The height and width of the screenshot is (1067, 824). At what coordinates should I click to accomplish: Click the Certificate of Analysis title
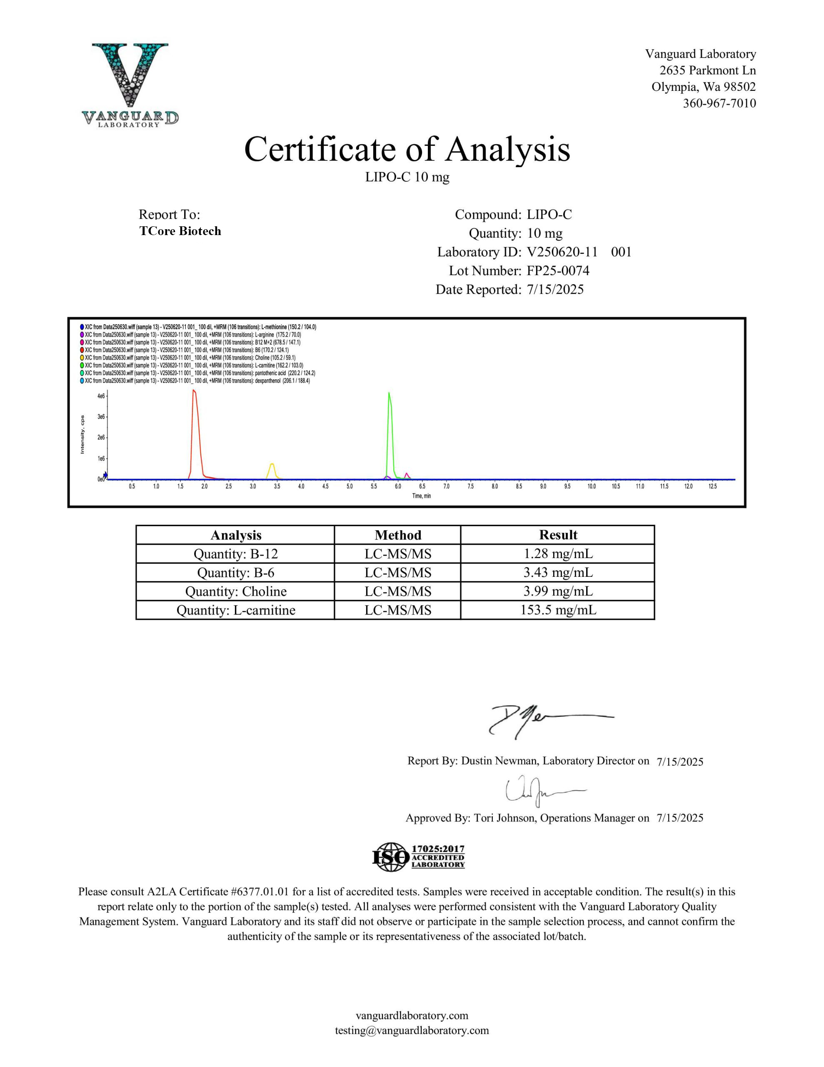pos(407,149)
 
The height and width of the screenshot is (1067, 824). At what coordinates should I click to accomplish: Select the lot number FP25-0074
pos(558,271)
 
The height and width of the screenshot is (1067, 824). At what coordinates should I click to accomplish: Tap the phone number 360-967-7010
pos(719,103)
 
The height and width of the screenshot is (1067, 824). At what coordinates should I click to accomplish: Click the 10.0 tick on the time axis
pos(592,486)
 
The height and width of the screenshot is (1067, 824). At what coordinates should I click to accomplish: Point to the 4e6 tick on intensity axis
pos(101,396)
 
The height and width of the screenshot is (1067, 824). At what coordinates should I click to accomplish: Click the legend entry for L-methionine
pos(200,327)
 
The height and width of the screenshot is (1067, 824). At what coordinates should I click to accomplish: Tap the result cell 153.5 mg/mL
pos(558,610)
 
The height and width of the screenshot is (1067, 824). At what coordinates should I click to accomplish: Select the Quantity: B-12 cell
pos(235,554)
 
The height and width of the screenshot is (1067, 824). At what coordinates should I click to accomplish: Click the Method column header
pos(397,535)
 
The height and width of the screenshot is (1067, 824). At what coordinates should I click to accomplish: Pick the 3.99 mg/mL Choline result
pos(558,591)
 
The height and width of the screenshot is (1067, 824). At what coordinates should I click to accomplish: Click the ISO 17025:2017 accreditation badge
pos(418,857)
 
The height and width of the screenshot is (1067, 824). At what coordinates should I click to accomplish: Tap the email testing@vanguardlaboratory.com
pos(412,1030)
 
